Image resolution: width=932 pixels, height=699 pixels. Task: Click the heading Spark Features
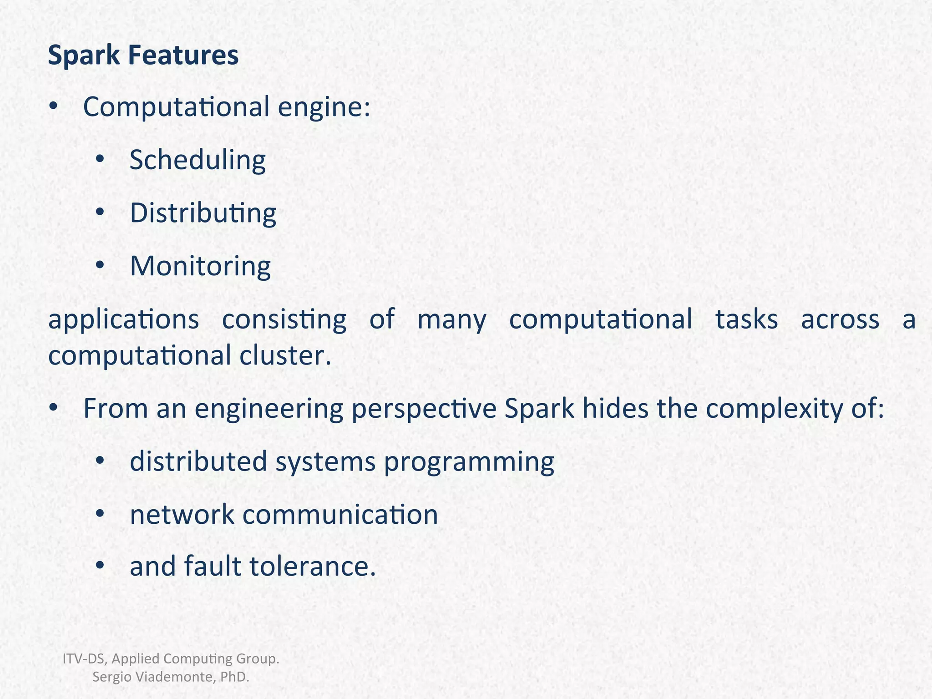coord(143,56)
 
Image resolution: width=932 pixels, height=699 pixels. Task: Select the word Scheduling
coord(197,160)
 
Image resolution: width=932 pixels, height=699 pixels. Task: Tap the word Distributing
coord(203,213)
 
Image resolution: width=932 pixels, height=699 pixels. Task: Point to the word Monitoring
coord(200,266)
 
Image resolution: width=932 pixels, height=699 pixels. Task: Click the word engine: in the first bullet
coord(324,107)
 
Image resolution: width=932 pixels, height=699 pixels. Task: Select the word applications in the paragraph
coord(123,319)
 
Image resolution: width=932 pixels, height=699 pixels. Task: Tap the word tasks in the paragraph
coord(746,319)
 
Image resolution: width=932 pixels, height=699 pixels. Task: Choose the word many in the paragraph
coord(451,319)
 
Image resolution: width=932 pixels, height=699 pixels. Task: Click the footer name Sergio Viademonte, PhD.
coord(171,677)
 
